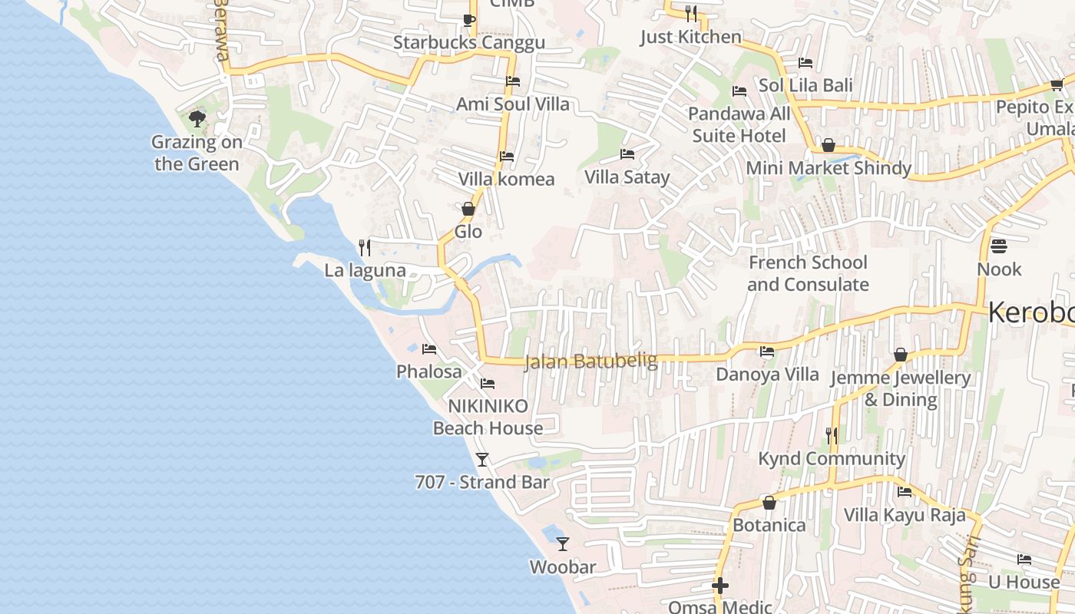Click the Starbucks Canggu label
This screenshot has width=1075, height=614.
click(468, 42)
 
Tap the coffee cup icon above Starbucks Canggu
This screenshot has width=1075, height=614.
click(468, 20)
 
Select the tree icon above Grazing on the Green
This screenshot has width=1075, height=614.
click(197, 119)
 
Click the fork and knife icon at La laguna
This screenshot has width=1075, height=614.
click(365, 247)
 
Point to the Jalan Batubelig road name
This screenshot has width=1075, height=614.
click(590, 361)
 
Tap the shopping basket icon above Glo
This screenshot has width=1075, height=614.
click(468, 209)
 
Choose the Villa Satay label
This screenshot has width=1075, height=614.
click(627, 177)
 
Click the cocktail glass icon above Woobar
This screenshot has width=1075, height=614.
click(563, 543)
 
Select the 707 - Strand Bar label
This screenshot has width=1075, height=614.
click(482, 482)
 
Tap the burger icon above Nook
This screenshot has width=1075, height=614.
click(998, 246)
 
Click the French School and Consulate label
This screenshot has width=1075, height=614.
click(808, 273)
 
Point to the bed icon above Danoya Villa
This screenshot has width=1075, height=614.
click(766, 352)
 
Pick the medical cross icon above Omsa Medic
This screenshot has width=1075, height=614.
click(719, 586)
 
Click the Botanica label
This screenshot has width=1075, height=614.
click(769, 525)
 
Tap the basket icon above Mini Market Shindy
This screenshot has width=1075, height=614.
click(829, 145)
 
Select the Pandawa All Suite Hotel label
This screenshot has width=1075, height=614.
click(739, 125)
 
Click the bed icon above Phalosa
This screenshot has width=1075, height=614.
click(429, 349)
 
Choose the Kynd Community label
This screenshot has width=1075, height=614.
click(832, 459)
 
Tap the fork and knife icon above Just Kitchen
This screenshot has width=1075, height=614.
click(690, 14)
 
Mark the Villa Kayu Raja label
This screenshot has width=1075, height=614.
click(905, 514)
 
